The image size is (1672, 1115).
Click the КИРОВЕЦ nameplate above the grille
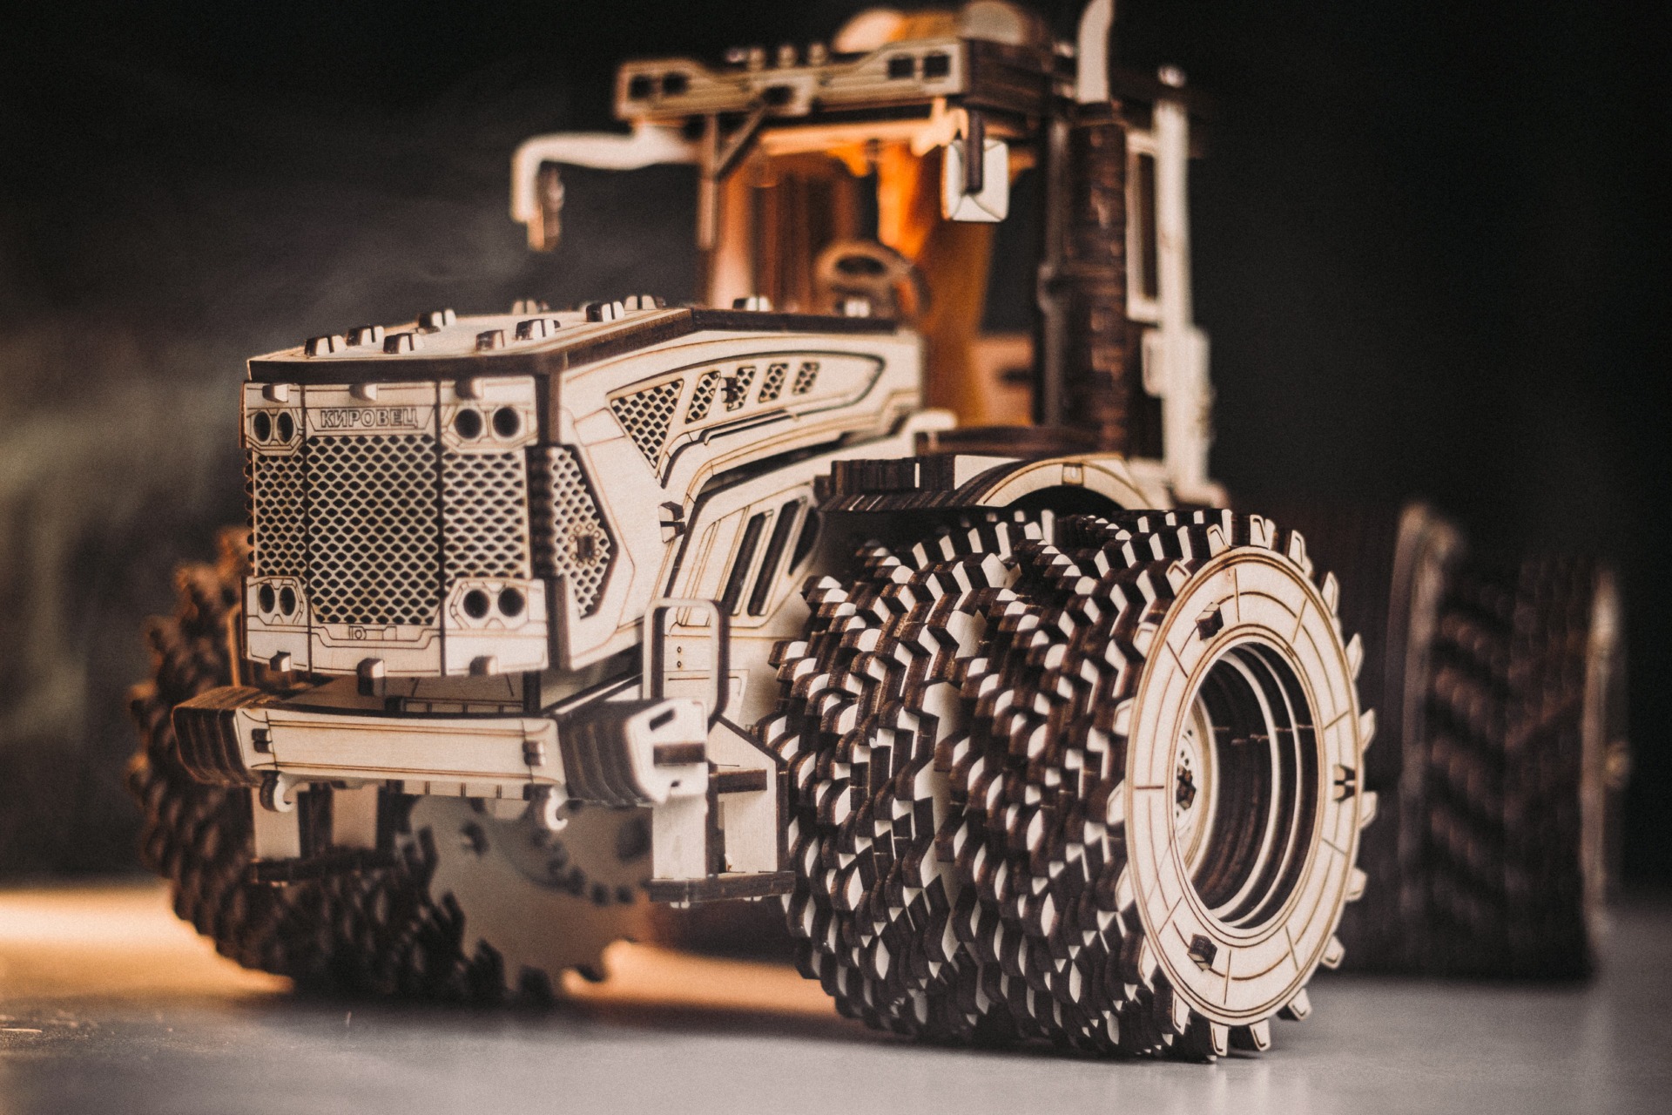click(x=369, y=417)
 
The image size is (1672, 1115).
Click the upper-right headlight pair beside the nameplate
click(x=488, y=422)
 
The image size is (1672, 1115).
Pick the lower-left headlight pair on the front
click(x=274, y=598)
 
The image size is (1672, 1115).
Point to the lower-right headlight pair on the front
click(x=493, y=601)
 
